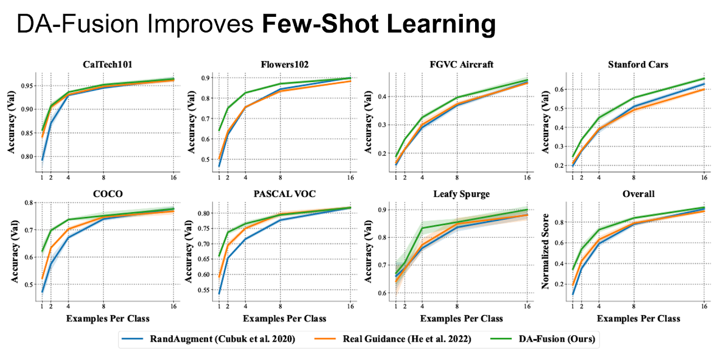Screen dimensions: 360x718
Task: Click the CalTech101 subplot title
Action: pos(107,64)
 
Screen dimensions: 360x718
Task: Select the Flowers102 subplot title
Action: pos(284,64)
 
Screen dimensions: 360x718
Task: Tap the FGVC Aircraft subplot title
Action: pos(461,64)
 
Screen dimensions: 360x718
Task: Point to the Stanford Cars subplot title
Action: pos(638,64)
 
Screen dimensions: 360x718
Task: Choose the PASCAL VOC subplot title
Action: pos(284,194)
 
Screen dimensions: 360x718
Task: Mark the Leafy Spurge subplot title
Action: pos(461,194)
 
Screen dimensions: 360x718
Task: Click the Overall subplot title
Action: pos(638,194)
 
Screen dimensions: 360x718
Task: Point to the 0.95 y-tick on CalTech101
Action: pos(26,86)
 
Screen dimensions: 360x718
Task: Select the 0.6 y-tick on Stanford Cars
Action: pos(558,90)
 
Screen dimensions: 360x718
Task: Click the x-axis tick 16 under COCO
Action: pos(173,306)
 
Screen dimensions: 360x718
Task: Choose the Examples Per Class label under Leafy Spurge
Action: pos(461,319)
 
